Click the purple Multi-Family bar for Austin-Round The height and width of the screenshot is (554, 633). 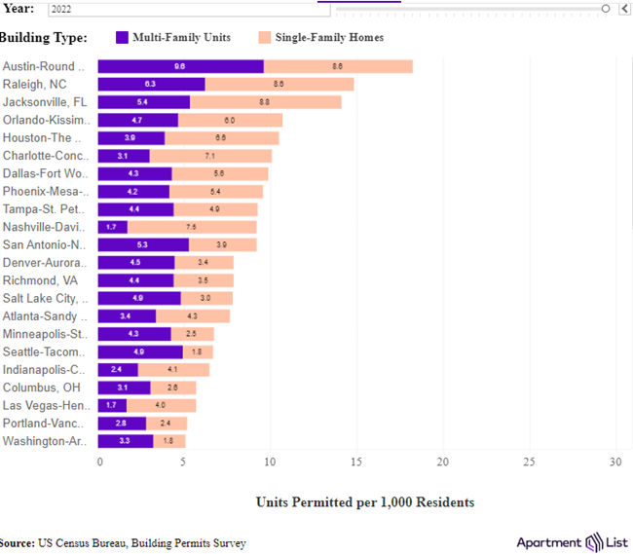click(180, 66)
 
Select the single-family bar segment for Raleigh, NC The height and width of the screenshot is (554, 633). click(279, 85)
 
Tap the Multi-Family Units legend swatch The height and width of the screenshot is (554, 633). click(122, 38)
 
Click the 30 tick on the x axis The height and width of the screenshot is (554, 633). click(615, 462)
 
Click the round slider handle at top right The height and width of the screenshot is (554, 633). click(606, 8)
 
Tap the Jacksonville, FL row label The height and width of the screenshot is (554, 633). click(45, 102)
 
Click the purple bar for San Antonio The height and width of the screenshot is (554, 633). click(143, 244)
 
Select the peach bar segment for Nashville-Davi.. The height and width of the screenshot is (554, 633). click(192, 227)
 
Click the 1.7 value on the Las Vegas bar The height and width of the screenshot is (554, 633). click(110, 405)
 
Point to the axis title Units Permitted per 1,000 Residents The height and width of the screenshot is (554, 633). click(365, 502)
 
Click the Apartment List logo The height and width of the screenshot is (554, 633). click(573, 542)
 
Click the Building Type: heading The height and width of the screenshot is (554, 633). click(43, 38)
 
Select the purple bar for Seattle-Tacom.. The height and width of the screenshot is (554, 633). click(140, 351)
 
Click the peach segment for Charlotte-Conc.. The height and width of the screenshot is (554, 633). click(210, 156)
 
